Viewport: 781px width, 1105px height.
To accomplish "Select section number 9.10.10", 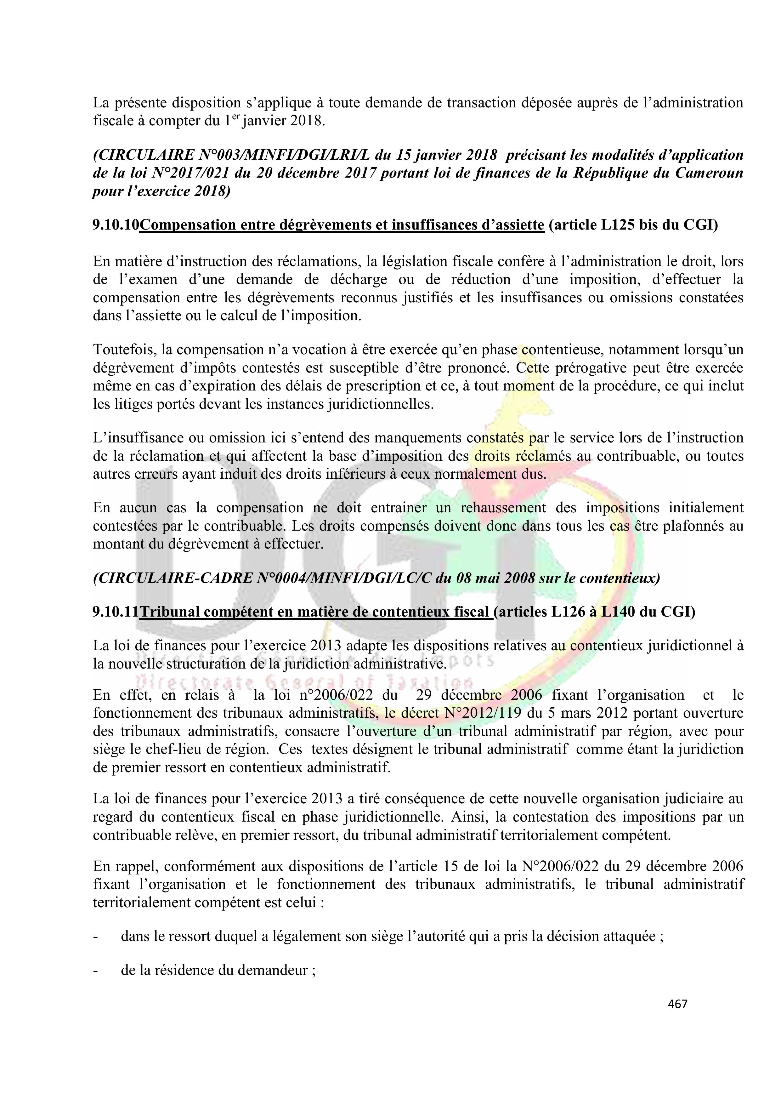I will tap(116, 225).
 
